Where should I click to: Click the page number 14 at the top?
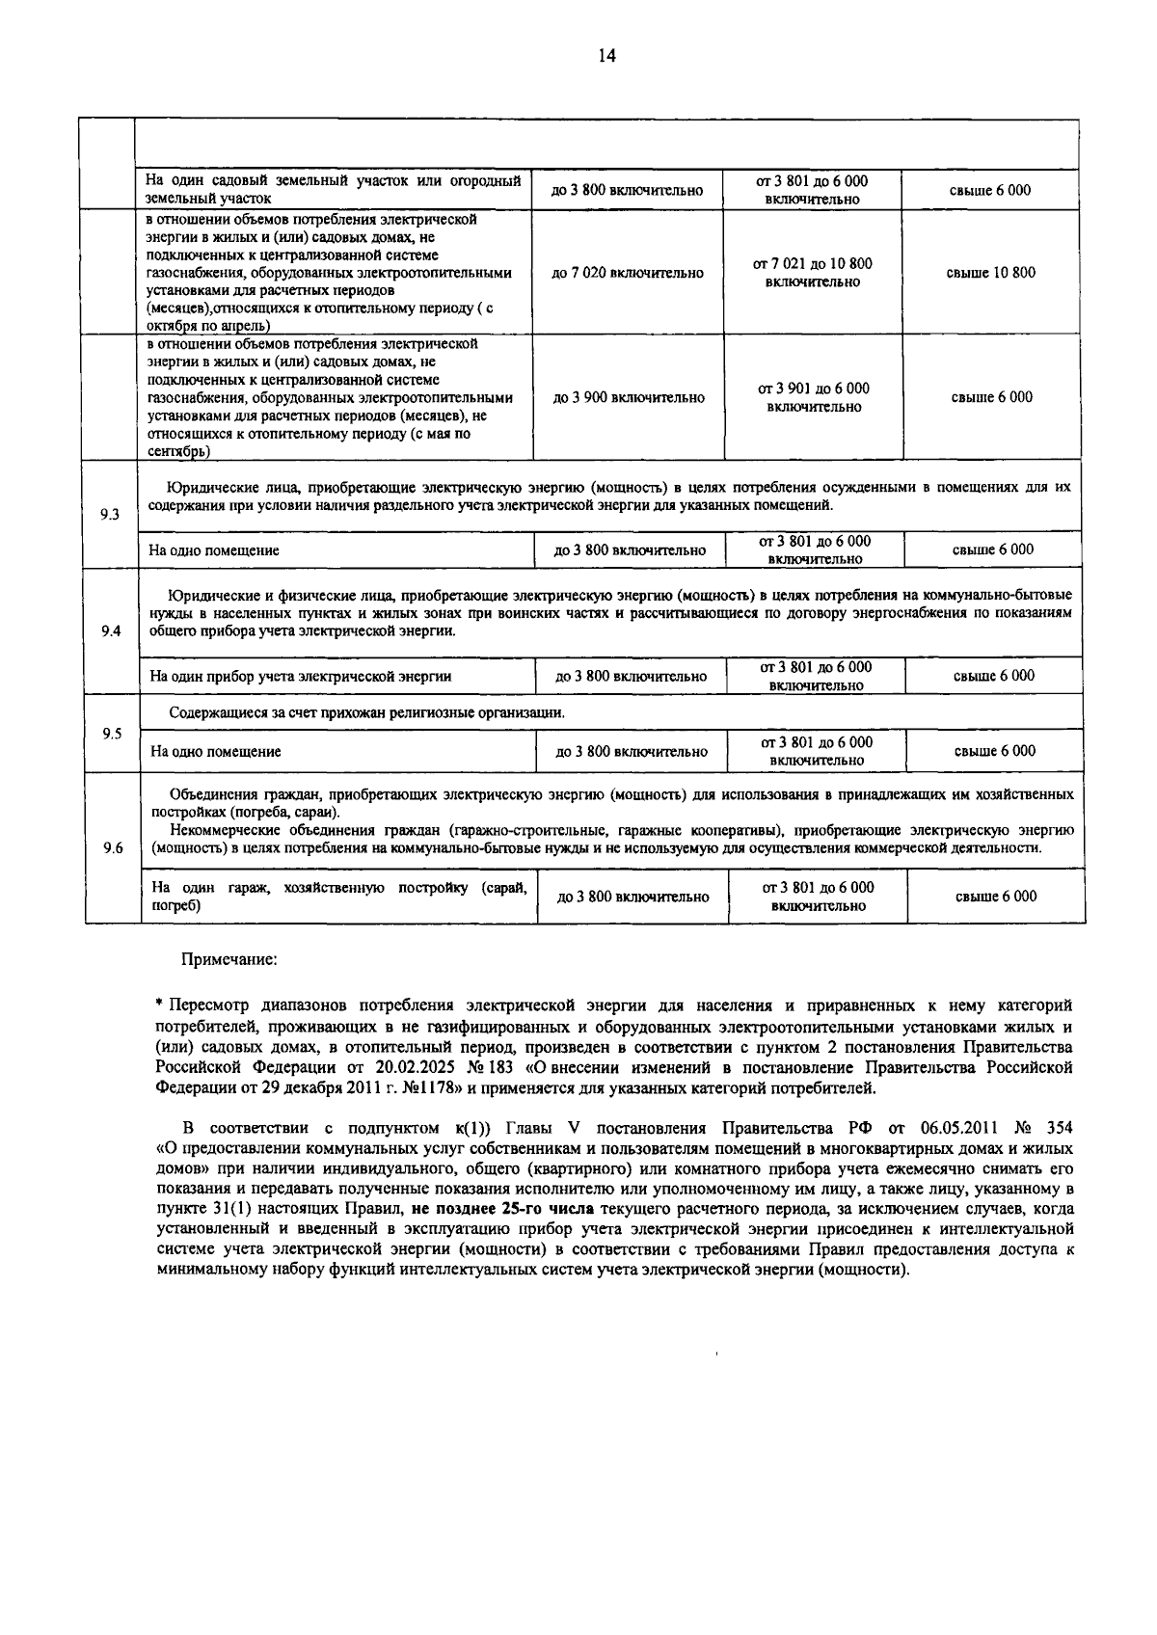pos(606,56)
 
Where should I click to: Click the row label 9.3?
pos(110,515)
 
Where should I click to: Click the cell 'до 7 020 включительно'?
pos(628,273)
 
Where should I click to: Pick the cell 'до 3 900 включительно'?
pos(629,397)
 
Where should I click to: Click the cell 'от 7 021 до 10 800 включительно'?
pos(813,273)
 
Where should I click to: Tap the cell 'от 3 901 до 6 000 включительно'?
pos(814,397)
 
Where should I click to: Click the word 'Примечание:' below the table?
pos(229,959)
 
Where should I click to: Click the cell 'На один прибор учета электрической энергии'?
pos(301,677)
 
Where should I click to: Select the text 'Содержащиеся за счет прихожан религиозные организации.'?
pos(367,713)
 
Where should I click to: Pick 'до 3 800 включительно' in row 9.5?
pos(632,752)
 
